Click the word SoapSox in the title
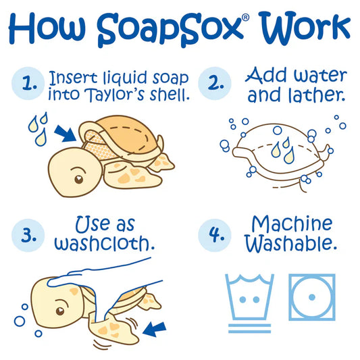point(170,30)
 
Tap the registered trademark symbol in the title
point(245,18)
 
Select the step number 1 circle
point(28,84)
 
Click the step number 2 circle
point(215,83)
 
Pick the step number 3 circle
point(28,235)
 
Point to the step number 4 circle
point(215,235)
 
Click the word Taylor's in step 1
point(115,95)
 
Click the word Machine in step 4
point(292,224)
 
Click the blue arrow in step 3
point(154,329)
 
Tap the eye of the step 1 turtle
point(79,179)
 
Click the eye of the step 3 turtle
point(60,311)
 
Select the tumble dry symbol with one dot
point(312,297)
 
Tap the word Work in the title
point(305,28)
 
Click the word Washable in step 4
point(291,243)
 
